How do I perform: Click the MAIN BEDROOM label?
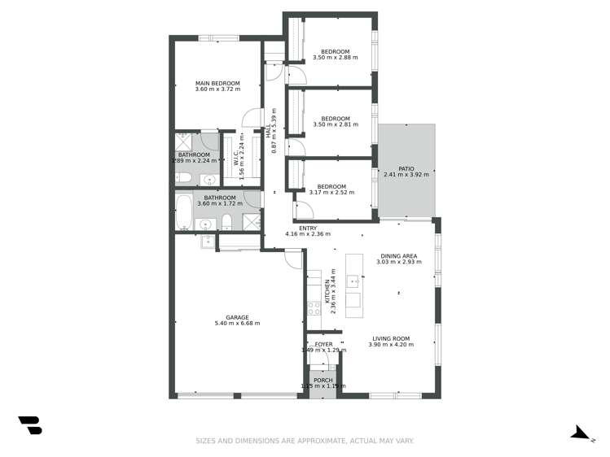[x=217, y=83]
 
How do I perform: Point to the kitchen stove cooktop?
[x=314, y=308]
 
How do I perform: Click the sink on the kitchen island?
[x=353, y=282]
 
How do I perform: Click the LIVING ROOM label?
[x=391, y=338]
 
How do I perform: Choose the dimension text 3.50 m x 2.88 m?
[x=336, y=59]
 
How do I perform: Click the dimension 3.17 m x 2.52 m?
[x=331, y=193]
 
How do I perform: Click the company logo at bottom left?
[x=30, y=424]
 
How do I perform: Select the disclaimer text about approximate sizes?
[x=305, y=442]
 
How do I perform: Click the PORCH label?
[x=323, y=380]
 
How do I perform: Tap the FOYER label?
[x=324, y=344]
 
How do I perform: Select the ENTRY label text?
[x=308, y=228]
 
